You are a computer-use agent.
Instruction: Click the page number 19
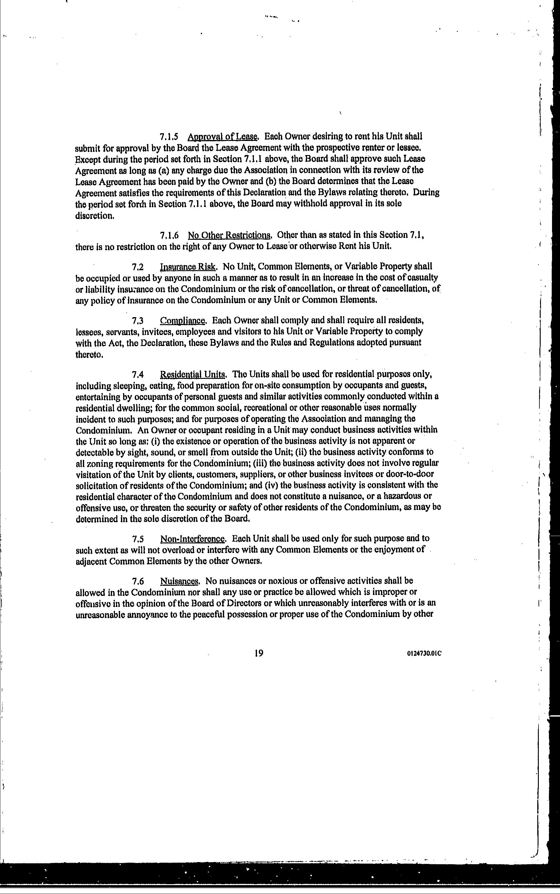[259, 653]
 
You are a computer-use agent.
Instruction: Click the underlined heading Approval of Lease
[222, 137]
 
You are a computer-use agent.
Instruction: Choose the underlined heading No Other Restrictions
[230, 235]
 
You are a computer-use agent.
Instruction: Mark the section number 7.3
[138, 320]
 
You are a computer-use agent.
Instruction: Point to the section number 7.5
[138, 538]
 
